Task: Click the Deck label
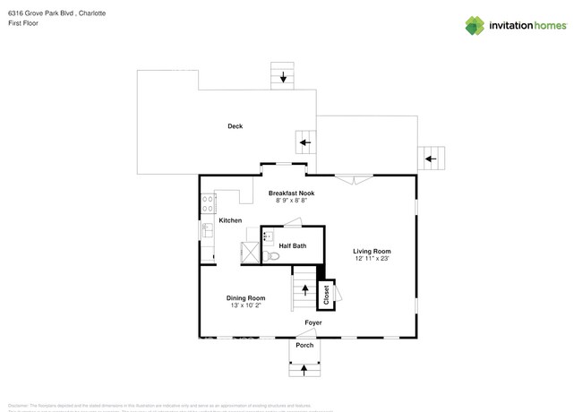[235, 126]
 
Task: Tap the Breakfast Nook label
[291, 193]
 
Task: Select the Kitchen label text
[230, 220]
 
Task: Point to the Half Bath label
[293, 245]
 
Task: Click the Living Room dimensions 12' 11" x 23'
[372, 259]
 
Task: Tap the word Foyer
[313, 322]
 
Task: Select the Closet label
[327, 294]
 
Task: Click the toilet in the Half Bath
[273, 256]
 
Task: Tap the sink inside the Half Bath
[267, 237]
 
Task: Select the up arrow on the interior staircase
[304, 290]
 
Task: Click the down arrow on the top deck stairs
[284, 78]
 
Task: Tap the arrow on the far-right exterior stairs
[431, 159]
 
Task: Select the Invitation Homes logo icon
[475, 25]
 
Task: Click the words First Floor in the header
[23, 24]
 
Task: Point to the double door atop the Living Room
[356, 179]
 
